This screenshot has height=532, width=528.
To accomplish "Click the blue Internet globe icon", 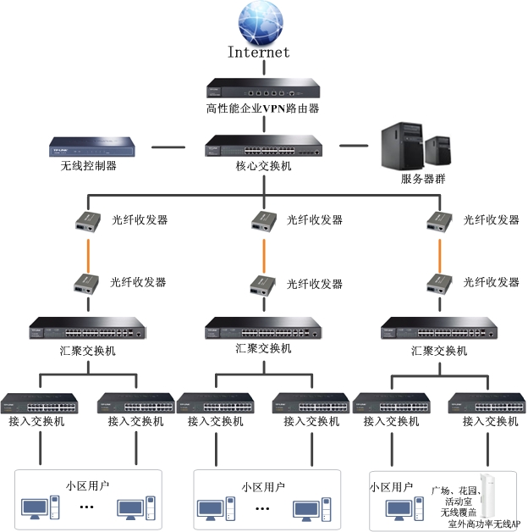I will [x=262, y=24].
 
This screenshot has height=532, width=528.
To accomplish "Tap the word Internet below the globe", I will [x=259, y=53].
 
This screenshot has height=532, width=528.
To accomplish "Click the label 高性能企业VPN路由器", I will [x=262, y=108].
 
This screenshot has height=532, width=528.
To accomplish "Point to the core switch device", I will [x=263, y=146].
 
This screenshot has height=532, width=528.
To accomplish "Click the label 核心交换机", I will [x=263, y=166].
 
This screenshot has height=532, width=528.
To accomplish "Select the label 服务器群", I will [x=424, y=180].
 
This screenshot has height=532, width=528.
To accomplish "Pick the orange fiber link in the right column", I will [x=439, y=252].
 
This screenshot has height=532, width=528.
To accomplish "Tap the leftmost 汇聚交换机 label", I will [x=87, y=350].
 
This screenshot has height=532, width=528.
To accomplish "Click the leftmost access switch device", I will [x=39, y=403].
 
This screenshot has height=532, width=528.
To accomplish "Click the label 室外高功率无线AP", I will [x=484, y=525].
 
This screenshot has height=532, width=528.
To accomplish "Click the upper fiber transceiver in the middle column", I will [x=263, y=221].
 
